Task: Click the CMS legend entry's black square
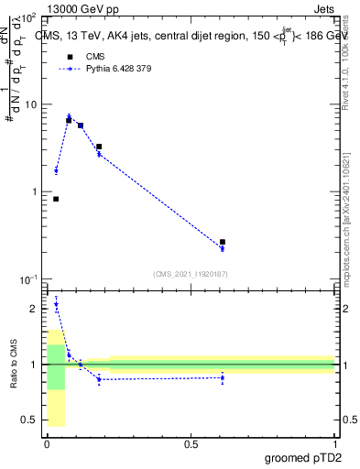coord(69,57)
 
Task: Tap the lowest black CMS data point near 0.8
coord(56,199)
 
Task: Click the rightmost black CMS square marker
coord(223,242)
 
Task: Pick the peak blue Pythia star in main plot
coord(69,116)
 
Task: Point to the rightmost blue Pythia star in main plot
coord(223,248)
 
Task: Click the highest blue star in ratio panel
coord(56,304)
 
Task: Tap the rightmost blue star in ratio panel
coord(223,377)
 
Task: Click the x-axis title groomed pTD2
coord(302,456)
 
